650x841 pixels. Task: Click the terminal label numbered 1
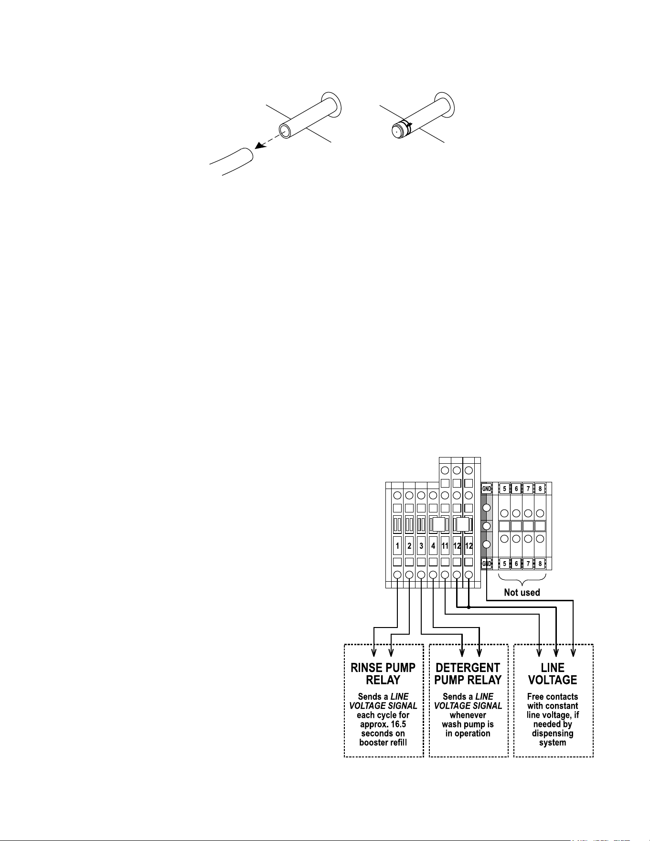coord(397,545)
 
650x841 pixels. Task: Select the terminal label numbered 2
coord(409,545)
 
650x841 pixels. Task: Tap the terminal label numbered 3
coord(421,545)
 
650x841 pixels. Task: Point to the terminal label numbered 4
coord(433,545)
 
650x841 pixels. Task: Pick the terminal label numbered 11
coord(445,545)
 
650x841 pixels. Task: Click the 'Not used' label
coord(522,593)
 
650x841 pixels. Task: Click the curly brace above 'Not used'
coord(522,580)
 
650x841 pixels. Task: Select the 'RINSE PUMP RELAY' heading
coord(383,674)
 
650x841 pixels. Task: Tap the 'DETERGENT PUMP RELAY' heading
coord(468,674)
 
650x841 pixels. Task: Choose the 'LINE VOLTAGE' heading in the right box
coord(553,674)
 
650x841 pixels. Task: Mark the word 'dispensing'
coord(553,734)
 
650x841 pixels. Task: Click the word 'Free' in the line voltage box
coord(536,697)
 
